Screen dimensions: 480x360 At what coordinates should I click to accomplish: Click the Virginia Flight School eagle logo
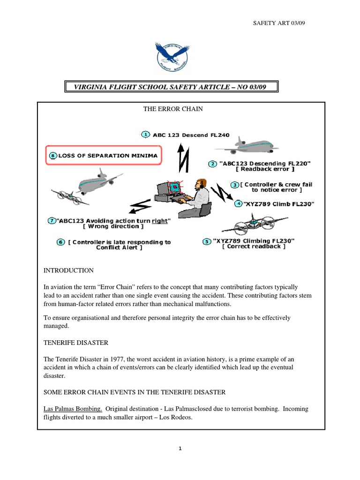click(x=172, y=58)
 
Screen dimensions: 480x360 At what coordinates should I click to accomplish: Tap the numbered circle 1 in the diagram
click(x=145, y=135)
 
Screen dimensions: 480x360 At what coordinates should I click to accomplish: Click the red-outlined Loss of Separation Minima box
click(x=104, y=155)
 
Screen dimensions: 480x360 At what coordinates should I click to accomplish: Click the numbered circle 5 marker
click(x=207, y=241)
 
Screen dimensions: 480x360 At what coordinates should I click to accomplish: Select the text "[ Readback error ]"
click(x=259, y=169)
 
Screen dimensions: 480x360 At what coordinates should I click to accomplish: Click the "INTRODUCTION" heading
click(x=68, y=270)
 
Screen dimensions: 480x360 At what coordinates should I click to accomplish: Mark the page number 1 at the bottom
click(x=180, y=449)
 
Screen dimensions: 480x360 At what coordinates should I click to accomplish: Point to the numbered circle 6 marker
click(x=60, y=242)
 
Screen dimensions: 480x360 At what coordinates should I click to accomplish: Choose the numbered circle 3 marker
click(x=235, y=185)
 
